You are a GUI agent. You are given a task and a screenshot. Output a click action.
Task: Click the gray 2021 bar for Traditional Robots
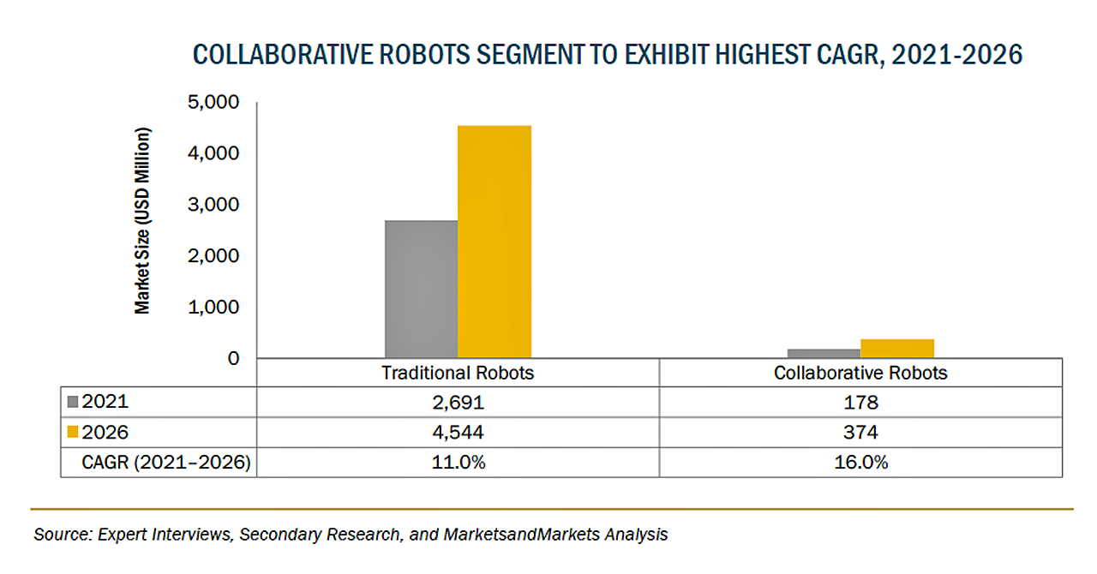(421, 289)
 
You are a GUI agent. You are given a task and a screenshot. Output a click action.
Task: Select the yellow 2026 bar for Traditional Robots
(495, 241)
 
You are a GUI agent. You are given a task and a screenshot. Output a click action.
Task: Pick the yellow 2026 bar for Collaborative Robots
(897, 348)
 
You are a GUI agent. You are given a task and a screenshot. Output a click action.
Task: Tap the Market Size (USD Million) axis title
(142, 221)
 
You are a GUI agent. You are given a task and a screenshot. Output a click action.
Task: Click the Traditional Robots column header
(458, 373)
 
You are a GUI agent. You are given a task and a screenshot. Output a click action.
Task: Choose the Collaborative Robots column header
(860, 373)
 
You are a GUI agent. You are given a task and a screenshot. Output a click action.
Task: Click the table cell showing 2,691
(458, 403)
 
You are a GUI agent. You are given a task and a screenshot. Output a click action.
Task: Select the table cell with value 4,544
(458, 433)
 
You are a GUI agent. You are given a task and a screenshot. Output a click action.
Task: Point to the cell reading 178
(860, 403)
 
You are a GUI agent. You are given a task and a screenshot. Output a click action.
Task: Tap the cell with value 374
(860, 433)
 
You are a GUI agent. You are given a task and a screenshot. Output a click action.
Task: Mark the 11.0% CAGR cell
(458, 463)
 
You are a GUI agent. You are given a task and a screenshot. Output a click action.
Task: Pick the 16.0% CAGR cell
(860, 463)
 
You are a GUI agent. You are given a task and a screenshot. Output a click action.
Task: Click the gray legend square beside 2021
(73, 403)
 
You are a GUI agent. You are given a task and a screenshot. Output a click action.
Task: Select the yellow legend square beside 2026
(73, 433)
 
